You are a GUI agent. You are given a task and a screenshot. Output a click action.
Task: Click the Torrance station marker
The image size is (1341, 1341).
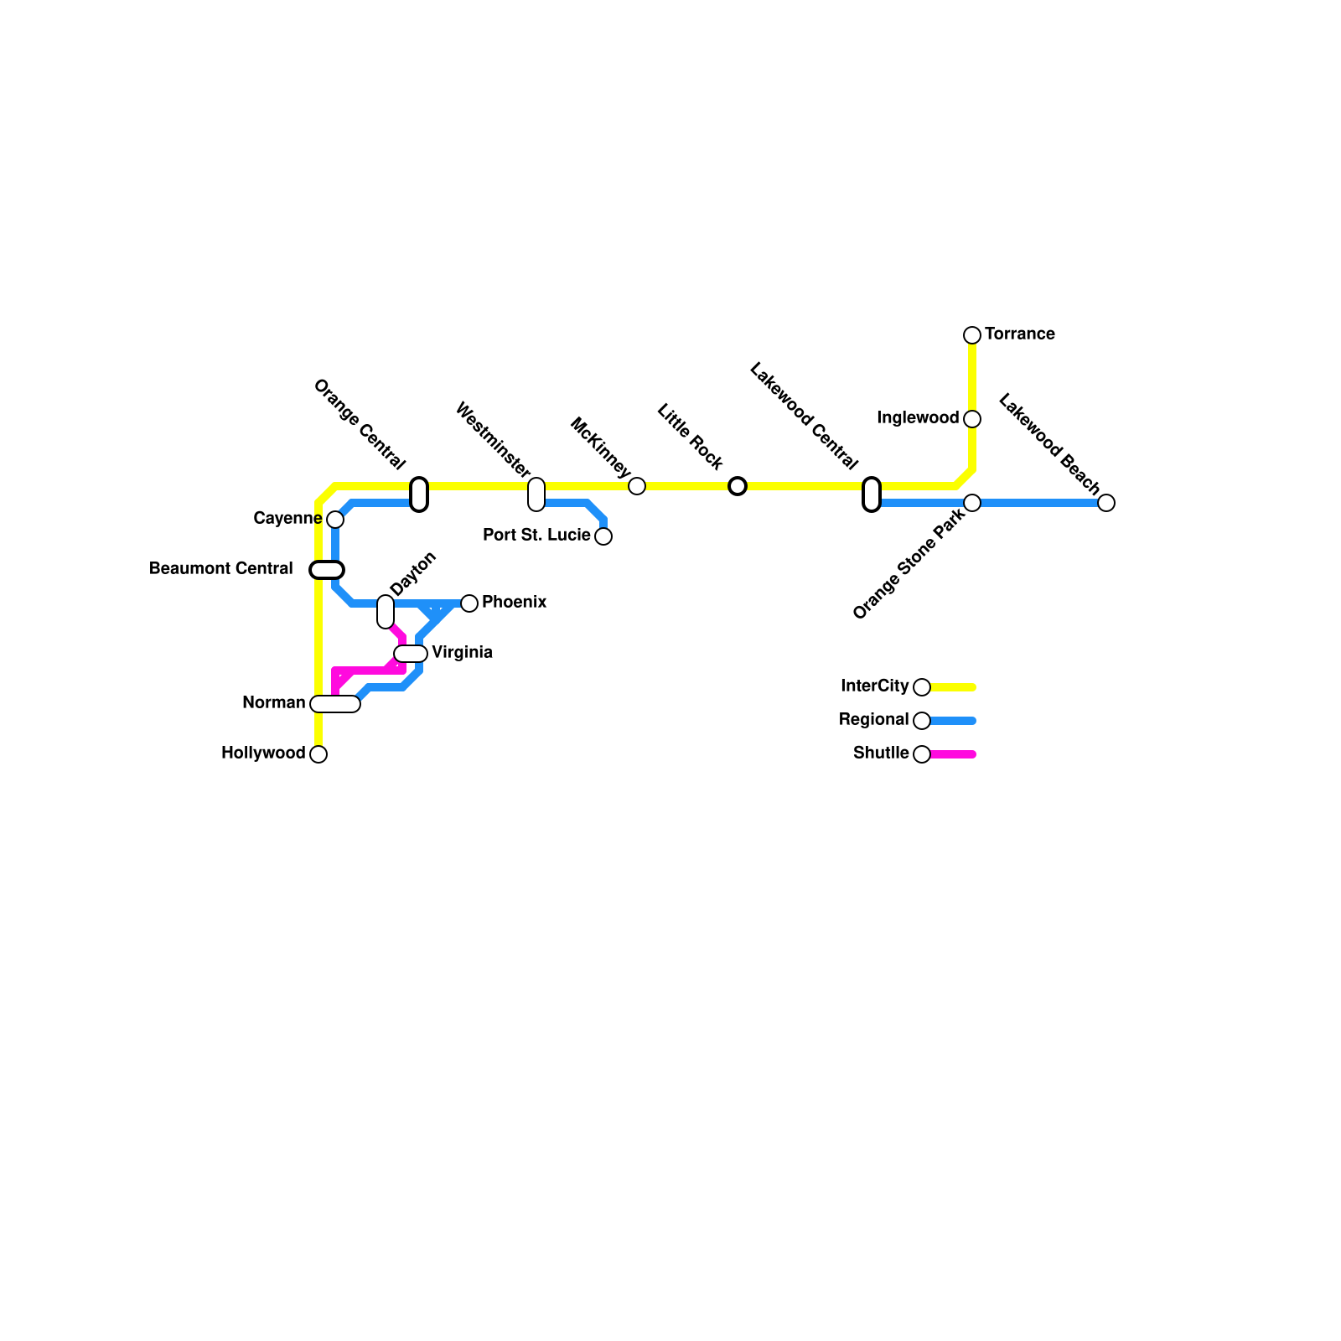[x=972, y=335]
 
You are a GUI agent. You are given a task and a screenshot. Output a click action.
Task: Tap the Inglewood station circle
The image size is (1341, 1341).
[x=972, y=419]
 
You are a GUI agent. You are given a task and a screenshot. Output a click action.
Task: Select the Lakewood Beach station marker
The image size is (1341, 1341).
[x=1106, y=503]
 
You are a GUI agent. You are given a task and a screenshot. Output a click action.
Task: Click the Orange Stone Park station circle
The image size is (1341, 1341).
[x=972, y=503]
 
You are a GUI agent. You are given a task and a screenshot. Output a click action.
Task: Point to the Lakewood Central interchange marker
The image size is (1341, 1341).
[x=872, y=494]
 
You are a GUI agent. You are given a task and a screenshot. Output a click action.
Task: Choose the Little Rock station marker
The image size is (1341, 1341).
[x=738, y=486]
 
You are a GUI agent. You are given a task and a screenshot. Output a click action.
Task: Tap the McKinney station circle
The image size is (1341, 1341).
[x=637, y=486]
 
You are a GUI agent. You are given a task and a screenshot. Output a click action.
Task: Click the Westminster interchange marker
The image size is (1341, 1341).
[x=536, y=494]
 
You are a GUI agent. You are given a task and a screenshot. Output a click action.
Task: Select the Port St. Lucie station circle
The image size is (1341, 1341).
[x=603, y=536]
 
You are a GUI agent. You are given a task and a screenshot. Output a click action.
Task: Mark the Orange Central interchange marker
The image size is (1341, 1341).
[x=419, y=494]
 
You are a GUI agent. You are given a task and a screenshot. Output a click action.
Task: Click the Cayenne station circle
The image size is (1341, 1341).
[x=335, y=520]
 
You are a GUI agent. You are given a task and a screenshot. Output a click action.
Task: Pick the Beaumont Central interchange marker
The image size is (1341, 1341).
[x=327, y=570]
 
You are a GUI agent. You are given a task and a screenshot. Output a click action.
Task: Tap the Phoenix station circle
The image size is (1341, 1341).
[x=469, y=603]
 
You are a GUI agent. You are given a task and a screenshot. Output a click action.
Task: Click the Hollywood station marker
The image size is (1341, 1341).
[x=318, y=754]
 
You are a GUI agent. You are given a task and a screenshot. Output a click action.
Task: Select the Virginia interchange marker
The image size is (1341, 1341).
[x=411, y=654]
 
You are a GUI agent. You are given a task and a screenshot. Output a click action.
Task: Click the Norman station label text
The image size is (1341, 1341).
[x=273, y=703]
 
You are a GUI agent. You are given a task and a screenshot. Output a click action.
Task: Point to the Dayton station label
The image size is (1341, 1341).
[x=413, y=574]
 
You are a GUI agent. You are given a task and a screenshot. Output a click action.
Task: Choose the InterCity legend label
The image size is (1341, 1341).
[x=874, y=686]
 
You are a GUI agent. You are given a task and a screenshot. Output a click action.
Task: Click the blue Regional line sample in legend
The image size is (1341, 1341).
[x=953, y=721]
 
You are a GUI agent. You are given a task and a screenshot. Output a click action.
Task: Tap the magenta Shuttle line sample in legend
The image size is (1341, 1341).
[x=953, y=754]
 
